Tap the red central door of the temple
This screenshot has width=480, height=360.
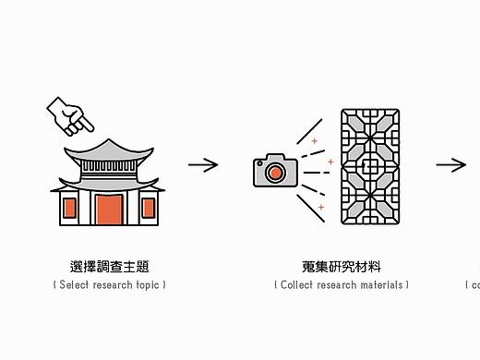coord(109,210)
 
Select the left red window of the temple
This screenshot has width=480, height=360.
coord(68,209)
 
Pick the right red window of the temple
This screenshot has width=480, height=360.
coord(149,209)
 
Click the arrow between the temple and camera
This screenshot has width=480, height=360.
coord(203,165)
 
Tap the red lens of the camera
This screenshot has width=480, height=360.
coord(274,173)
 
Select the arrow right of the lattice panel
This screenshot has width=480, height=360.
coord(451,165)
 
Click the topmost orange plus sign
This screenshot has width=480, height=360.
coord(314,140)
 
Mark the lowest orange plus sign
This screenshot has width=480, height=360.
coord(321,208)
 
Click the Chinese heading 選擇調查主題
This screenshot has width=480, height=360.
coord(109,267)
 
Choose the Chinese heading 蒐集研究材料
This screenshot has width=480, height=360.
coord(342,267)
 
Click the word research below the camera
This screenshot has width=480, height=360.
coord(337,285)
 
